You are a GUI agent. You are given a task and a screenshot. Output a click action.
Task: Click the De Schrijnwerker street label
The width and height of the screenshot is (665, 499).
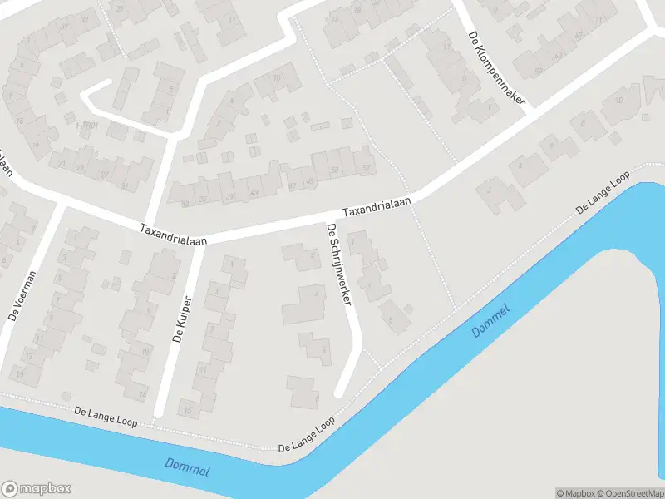(x=340, y=264)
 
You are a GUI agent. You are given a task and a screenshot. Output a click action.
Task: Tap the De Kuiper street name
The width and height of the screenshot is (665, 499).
(x=183, y=319)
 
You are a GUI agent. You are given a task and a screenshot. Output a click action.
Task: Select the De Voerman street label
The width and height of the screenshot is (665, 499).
(x=22, y=296)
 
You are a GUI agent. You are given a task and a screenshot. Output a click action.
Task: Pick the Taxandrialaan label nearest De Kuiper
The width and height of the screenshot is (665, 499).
(x=173, y=233)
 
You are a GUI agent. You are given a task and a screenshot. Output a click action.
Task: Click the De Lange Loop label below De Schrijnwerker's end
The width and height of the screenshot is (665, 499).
(x=307, y=435)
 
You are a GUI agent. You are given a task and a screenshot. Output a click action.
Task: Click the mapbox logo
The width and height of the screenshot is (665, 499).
(x=37, y=489)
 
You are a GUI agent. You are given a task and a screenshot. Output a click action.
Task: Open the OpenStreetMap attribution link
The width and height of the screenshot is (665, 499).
(x=629, y=493)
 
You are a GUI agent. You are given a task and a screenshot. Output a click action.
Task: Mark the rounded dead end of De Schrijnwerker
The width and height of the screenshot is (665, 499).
(x=339, y=390)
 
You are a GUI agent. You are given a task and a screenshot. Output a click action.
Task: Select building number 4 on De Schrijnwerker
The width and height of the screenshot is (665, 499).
(x=316, y=293)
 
